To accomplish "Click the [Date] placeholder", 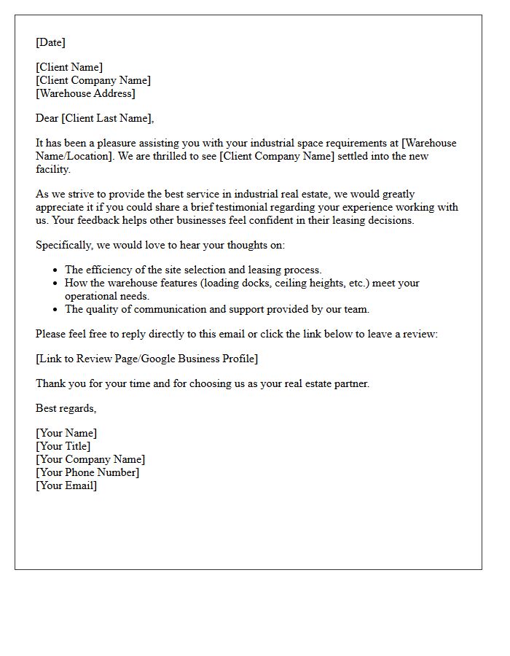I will click(x=50, y=42).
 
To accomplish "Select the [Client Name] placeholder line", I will click(x=69, y=67).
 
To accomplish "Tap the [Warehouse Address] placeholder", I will click(x=85, y=93).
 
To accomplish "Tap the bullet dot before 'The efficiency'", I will click(x=55, y=270).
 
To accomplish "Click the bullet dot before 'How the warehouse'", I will click(x=55, y=284).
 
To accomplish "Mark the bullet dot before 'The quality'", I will click(x=55, y=310).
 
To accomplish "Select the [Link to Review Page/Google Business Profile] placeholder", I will click(x=146, y=359).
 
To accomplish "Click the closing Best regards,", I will click(x=66, y=408).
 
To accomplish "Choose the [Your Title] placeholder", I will click(x=63, y=446).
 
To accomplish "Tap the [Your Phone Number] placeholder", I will click(x=87, y=472).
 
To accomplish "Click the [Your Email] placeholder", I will click(x=66, y=485).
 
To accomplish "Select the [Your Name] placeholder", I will click(x=66, y=433).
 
